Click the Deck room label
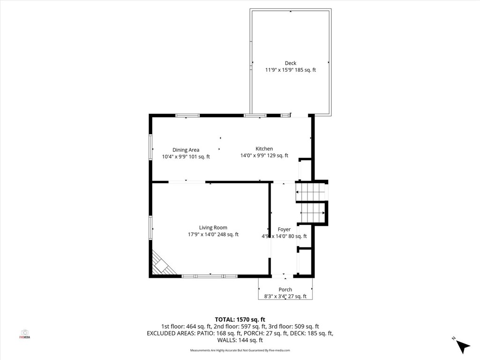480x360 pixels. [291, 63]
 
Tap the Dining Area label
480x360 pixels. [186, 150]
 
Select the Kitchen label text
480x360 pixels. [264, 149]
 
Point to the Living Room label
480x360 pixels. [213, 228]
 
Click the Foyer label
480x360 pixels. [284, 230]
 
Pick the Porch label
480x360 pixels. [285, 290]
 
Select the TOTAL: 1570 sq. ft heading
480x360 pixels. [240, 320]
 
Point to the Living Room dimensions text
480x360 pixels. [213, 235]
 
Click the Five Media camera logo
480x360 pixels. [25, 334]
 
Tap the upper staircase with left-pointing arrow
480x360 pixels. [310, 192]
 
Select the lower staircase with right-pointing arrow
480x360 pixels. [313, 213]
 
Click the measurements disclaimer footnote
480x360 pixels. [240, 350]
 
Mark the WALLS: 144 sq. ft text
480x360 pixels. [240, 340]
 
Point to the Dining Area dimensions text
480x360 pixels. [186, 157]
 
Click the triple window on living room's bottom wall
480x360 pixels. [210, 277]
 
